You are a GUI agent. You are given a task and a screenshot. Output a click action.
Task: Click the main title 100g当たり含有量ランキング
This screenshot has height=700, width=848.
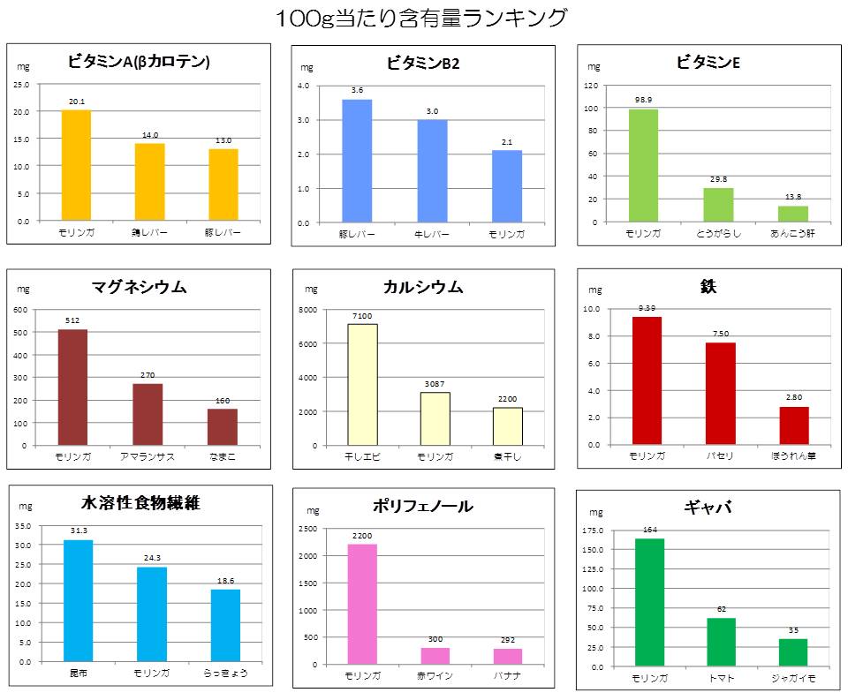421,18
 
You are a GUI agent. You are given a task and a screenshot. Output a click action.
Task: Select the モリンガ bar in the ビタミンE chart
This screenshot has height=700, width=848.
643,165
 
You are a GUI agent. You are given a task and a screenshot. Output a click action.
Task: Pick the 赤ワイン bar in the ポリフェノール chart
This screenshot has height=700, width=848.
435,656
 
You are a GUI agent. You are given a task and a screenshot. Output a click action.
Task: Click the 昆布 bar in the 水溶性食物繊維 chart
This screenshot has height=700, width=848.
78,600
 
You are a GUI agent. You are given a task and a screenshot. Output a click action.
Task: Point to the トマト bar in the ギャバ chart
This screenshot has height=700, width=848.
721,642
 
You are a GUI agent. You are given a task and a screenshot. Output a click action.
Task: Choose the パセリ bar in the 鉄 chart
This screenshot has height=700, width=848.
720,394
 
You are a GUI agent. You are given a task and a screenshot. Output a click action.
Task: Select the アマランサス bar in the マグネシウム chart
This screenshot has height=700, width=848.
148,414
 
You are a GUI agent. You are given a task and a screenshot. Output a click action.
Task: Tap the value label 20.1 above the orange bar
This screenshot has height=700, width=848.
76,102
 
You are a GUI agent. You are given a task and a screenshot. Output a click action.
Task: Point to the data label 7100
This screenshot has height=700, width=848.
362,316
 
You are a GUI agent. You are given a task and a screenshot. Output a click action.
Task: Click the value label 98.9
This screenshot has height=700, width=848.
643,101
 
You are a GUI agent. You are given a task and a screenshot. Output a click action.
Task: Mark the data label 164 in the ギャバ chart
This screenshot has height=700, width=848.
649,530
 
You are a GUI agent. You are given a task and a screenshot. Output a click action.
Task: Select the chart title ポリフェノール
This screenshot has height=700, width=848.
423,506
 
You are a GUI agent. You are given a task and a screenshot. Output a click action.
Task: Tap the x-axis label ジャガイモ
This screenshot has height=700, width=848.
793,678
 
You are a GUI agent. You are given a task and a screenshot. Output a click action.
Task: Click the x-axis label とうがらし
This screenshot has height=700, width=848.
718,232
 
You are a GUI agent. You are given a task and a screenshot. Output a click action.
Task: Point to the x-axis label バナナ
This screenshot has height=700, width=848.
508,675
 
